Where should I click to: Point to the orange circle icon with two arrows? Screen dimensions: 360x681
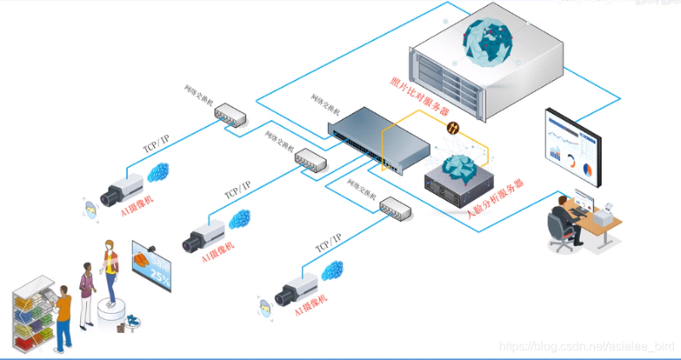click(x=455, y=129)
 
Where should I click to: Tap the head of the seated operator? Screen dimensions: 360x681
click(x=562, y=202)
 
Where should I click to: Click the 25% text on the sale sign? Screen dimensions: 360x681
click(x=159, y=274)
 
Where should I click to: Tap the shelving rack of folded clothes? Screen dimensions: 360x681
click(x=32, y=319)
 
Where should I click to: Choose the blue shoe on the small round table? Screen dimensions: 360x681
click(x=131, y=320)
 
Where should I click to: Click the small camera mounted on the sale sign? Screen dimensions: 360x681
click(x=151, y=248)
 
